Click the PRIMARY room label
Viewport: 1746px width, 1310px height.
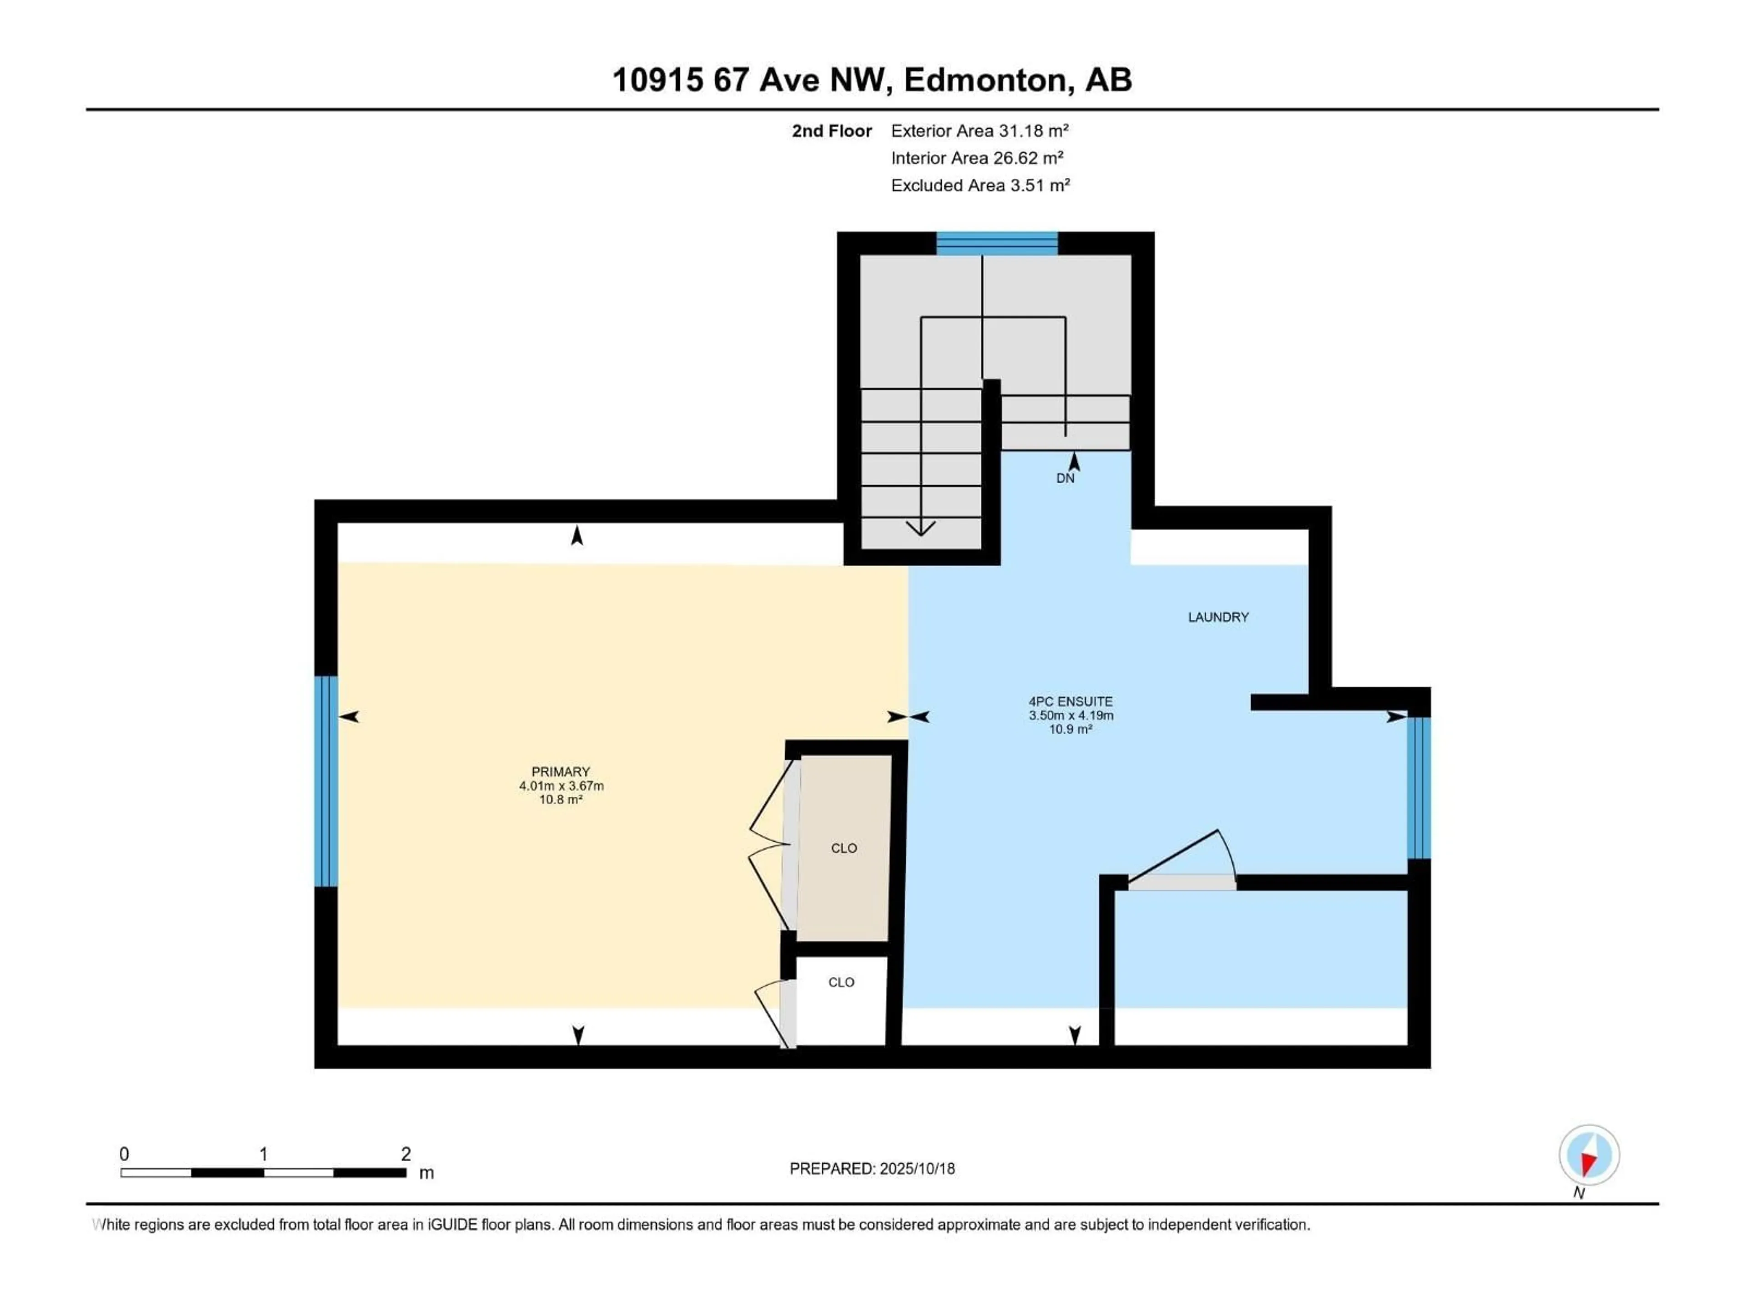coord(561,771)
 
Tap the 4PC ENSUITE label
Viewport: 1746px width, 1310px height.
coord(1070,701)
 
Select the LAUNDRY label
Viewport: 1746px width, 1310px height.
coord(1218,617)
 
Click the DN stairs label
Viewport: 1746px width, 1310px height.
coord(1065,478)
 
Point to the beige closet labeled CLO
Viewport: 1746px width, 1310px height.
coord(844,848)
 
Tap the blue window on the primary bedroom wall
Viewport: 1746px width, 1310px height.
coord(325,781)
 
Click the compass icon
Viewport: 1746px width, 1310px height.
coord(1589,1154)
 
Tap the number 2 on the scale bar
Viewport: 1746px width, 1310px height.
coord(406,1154)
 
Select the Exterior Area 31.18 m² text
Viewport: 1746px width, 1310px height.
coord(979,131)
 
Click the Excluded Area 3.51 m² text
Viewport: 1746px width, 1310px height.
coord(980,186)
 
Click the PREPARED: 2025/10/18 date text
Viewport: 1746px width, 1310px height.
coord(872,1169)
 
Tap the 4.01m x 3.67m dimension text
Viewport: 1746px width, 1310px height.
coord(561,786)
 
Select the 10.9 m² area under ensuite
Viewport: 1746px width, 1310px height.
coord(1070,729)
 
